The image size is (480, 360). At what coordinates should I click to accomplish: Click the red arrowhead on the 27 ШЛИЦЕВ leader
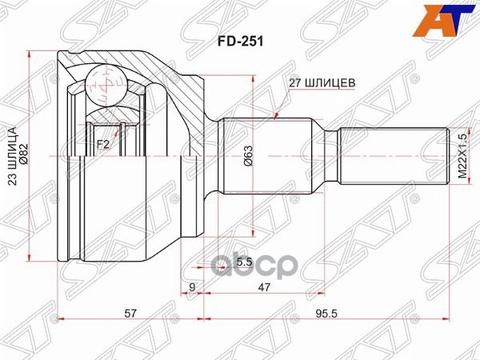click(277, 115)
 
